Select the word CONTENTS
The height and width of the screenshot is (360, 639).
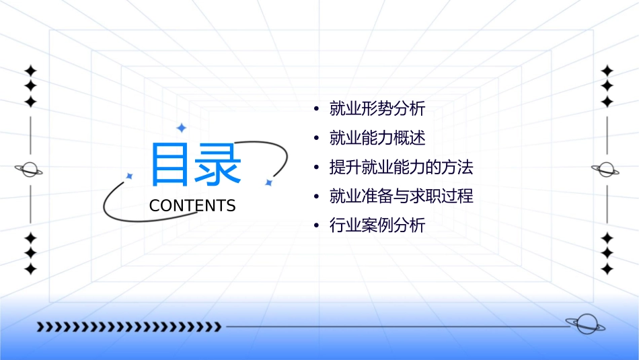click(x=192, y=206)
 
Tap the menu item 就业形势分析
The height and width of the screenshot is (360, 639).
click(x=377, y=108)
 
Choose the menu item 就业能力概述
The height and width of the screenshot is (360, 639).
click(x=377, y=138)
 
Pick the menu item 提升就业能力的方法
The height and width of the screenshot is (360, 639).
click(x=401, y=167)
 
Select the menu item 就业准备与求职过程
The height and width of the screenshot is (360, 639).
click(x=401, y=196)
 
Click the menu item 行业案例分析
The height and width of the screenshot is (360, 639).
click(x=377, y=225)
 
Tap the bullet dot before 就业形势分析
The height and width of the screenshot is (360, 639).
click(x=316, y=109)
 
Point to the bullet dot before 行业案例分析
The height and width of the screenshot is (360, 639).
click(x=316, y=226)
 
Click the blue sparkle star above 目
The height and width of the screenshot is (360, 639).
click(x=181, y=127)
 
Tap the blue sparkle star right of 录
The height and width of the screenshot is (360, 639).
click(x=268, y=182)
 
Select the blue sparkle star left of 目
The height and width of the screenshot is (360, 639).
click(x=129, y=176)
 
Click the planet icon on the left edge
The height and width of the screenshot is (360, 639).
click(x=30, y=170)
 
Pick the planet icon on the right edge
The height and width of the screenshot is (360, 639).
click(x=607, y=170)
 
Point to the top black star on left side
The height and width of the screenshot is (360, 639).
click(x=30, y=70)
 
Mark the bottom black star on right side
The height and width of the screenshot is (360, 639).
click(x=607, y=269)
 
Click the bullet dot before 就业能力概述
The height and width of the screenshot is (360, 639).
click(x=316, y=139)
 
